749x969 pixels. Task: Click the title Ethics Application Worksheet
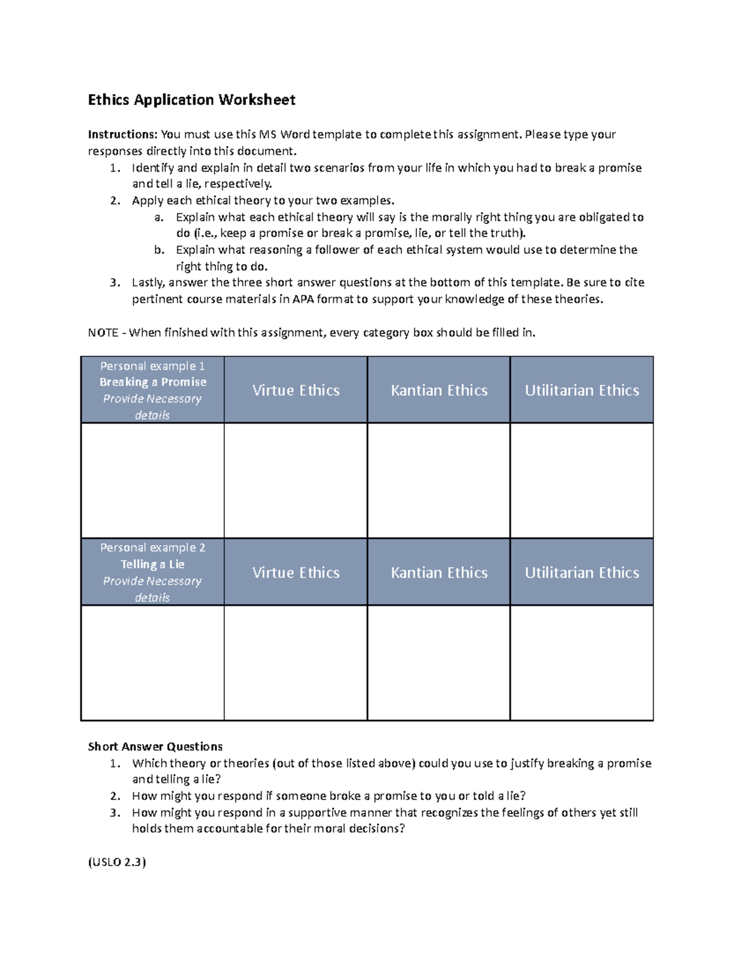point(192,100)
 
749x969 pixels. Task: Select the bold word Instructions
point(122,135)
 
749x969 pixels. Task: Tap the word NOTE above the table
point(104,333)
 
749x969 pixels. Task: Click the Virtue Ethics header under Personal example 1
point(296,391)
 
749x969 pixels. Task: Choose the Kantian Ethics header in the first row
point(439,391)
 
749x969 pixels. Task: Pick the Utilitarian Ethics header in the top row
point(582,391)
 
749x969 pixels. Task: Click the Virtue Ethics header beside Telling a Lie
point(296,573)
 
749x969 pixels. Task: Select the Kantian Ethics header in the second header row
point(439,573)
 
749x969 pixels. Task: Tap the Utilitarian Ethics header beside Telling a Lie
point(582,573)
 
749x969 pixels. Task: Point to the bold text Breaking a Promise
point(153,382)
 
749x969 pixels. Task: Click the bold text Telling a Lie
point(153,564)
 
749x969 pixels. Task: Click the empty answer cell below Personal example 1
point(153,480)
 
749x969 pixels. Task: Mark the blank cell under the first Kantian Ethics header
point(439,480)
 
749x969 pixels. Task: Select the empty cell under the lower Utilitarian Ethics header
point(582,663)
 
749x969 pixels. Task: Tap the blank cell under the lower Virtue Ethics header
point(296,663)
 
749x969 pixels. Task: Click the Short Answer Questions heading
point(155,747)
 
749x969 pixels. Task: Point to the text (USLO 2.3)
point(117,862)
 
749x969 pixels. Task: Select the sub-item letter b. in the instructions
point(159,250)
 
